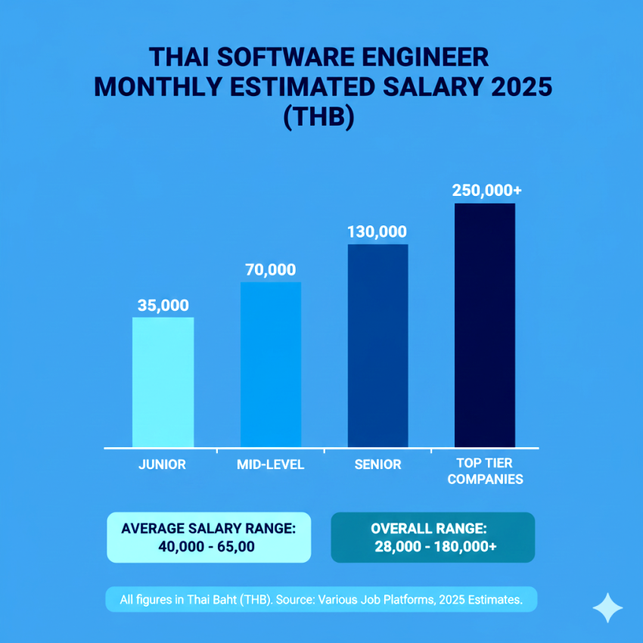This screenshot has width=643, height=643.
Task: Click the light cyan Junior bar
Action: [163, 382]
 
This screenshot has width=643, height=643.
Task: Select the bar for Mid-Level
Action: [270, 365]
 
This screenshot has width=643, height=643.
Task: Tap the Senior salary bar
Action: [377, 346]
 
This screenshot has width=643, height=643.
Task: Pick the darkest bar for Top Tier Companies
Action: [485, 325]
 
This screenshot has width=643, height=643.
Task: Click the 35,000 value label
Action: [163, 306]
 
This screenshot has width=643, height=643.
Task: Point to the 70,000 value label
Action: [270, 270]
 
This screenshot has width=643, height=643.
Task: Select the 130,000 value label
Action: [377, 232]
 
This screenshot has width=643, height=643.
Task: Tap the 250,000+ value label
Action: [486, 191]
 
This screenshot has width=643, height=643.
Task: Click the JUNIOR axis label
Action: [162, 464]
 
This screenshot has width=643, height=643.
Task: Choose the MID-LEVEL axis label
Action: [270, 464]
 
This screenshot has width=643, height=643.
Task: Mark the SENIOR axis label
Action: [377, 464]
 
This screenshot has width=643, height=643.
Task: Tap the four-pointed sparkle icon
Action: [607, 607]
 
